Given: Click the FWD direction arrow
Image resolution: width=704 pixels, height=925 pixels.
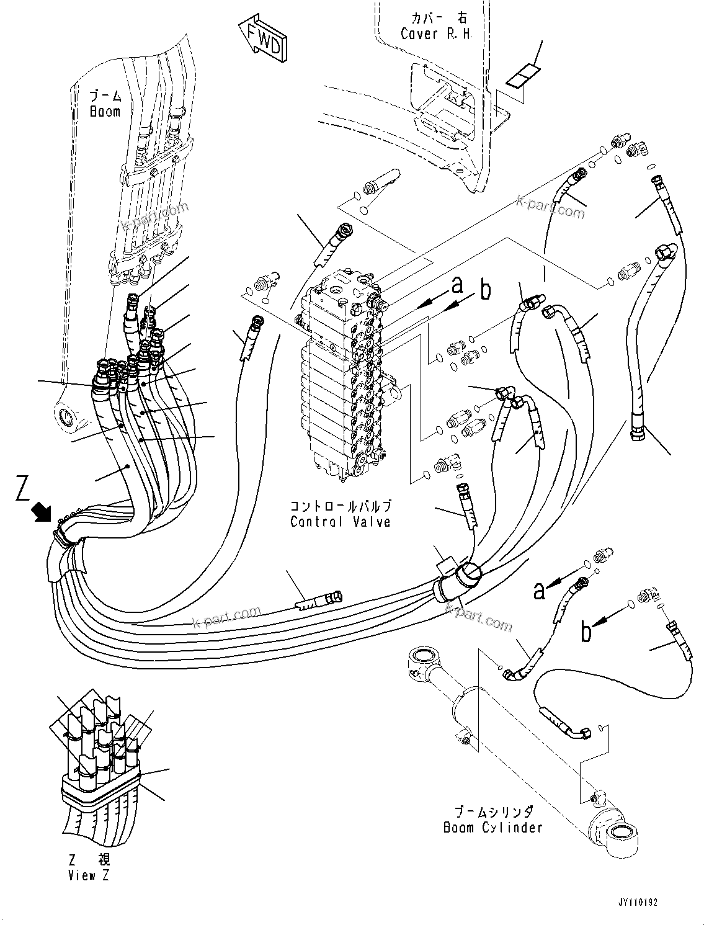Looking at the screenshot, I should pos(264,41).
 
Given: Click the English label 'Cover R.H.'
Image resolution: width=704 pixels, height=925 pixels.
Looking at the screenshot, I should pos(436,34).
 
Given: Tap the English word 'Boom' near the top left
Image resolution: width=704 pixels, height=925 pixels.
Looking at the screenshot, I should pos(104,112).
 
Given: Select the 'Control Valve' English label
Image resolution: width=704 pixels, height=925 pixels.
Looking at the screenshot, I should pos(341,522).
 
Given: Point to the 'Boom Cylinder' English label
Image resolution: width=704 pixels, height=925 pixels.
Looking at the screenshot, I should pos(492,828).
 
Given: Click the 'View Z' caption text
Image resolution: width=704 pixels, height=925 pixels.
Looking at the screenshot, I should pos(82,875).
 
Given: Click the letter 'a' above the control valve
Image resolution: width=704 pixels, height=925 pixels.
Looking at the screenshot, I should pos(457,285).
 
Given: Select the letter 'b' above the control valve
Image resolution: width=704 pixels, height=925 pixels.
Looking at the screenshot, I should pos(485,289).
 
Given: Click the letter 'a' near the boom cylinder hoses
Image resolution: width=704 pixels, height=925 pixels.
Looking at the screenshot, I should pos(540,591).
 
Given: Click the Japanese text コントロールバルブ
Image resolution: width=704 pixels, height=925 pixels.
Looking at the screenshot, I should pos(341,506).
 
